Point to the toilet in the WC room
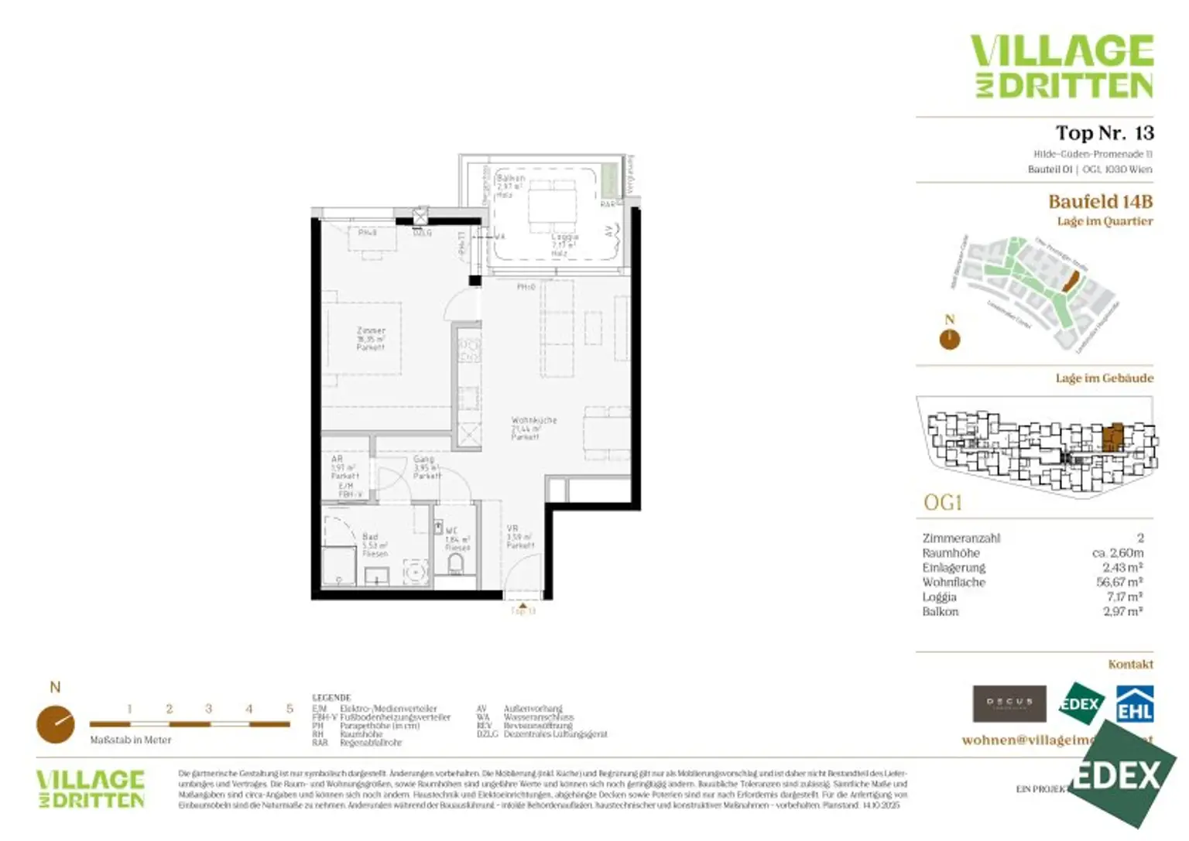(456, 563)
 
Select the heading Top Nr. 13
(1104, 133)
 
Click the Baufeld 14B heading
(1100, 202)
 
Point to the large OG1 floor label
(942, 503)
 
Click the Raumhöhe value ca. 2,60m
(1117, 552)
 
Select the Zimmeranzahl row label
(961, 538)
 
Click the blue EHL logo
(1134, 704)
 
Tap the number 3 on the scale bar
(209, 709)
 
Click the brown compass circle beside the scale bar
(56, 724)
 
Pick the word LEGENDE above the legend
(331, 697)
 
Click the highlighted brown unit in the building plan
(1112, 436)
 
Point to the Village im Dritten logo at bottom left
(91, 789)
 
